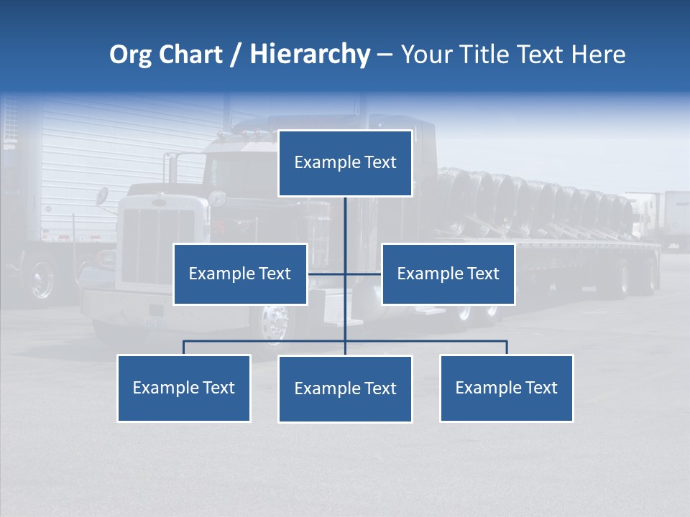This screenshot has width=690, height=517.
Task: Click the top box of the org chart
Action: pos(345,163)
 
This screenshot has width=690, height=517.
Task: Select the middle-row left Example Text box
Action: pos(240,274)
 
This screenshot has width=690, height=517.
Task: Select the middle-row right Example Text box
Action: pos(448,274)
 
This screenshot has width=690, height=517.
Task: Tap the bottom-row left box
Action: pos(184,388)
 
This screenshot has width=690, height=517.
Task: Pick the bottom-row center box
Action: pos(345,388)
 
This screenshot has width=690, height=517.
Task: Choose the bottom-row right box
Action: pos(506,388)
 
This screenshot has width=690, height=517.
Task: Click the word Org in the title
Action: pos(130,55)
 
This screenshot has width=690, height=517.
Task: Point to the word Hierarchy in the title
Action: pos(309,55)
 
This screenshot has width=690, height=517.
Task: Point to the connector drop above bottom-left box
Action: pos(184,348)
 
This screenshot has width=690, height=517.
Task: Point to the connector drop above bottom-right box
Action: pos(506,348)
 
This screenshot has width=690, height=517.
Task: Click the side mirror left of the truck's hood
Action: pos(102,196)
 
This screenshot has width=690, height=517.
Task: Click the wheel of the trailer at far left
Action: pos(42,278)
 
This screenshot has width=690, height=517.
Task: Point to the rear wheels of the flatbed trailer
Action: pos(632,277)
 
